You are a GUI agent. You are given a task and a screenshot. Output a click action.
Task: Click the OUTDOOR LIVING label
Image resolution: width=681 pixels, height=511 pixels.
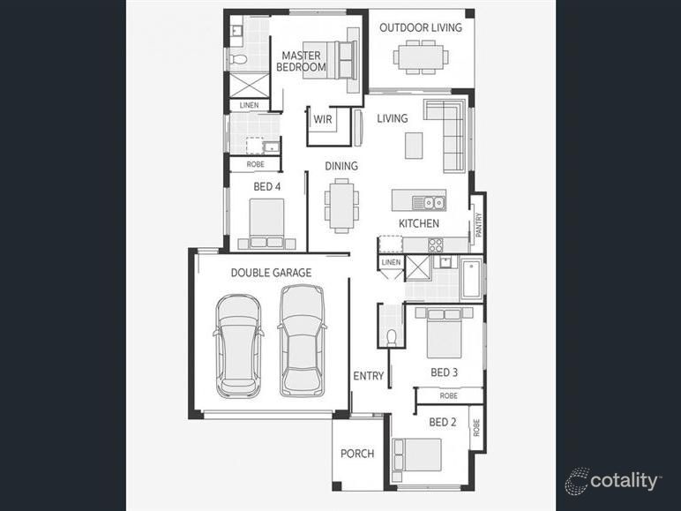coord(420,27)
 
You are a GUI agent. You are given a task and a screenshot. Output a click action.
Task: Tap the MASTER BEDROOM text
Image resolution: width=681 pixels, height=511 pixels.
coord(303,61)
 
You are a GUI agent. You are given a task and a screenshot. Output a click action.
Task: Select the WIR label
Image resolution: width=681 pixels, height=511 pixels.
coord(322,119)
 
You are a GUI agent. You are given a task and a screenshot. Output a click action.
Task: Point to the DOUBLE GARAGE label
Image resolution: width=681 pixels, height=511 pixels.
coord(271,273)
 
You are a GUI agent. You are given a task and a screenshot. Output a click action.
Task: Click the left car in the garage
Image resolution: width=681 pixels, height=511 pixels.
coord(237,345)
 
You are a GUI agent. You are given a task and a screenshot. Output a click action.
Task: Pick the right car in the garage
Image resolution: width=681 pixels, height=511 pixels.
coord(301,341)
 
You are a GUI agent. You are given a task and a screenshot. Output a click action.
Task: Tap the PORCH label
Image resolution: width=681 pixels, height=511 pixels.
coord(357,454)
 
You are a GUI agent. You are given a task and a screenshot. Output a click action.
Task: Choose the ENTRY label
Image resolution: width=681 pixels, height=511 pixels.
coord(368,376)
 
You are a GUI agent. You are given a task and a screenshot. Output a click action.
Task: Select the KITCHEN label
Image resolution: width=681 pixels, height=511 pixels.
coord(418,223)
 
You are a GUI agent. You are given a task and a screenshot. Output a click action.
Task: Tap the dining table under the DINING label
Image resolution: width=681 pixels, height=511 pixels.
coord(341,205)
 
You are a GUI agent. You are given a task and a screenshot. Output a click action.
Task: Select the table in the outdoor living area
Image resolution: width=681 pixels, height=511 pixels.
coord(421,57)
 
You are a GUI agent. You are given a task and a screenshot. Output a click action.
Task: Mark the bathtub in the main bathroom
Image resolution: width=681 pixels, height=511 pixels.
coord(471,279)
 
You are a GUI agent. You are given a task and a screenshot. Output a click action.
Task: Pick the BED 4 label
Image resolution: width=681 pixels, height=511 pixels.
coord(267,186)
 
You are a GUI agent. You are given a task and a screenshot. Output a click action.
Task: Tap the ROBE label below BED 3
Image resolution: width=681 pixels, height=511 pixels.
coord(448,395)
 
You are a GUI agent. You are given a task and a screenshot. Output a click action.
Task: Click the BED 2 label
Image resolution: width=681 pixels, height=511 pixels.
coord(442,422)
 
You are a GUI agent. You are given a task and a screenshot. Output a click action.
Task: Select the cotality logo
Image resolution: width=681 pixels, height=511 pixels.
coord(613,481)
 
